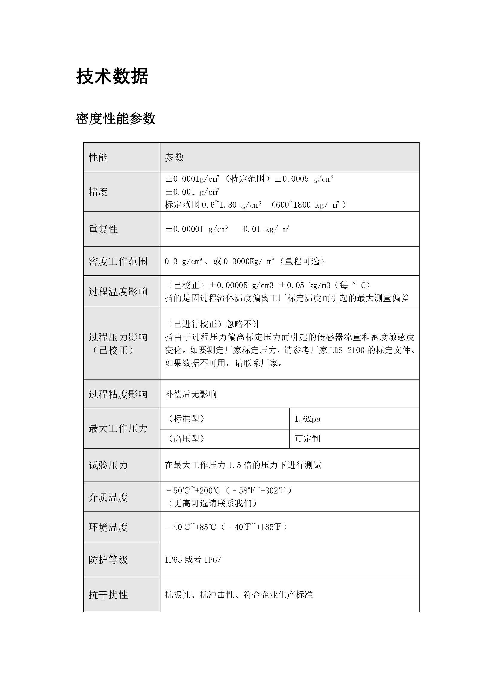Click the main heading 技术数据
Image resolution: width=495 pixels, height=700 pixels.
point(112,76)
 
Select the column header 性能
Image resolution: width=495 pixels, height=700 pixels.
point(98,157)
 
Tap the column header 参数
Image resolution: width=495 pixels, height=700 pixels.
point(175,157)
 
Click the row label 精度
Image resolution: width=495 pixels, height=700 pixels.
point(98,192)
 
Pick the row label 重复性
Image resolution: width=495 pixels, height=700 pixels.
point(103,229)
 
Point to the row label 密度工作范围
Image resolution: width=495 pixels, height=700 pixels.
point(118,261)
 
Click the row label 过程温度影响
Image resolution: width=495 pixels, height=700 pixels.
point(118,292)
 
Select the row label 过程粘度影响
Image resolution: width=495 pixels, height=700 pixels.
point(118,394)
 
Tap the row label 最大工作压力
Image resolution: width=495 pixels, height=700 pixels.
point(118,428)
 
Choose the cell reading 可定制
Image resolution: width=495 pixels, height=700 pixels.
point(308,439)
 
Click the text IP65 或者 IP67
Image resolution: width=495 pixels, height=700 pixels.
point(193,560)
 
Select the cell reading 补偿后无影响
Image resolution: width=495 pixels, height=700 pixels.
point(191,394)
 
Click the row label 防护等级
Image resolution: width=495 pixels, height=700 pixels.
point(108,560)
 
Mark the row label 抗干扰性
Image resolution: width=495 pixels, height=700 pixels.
point(108,595)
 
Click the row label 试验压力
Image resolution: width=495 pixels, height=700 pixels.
point(108,465)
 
